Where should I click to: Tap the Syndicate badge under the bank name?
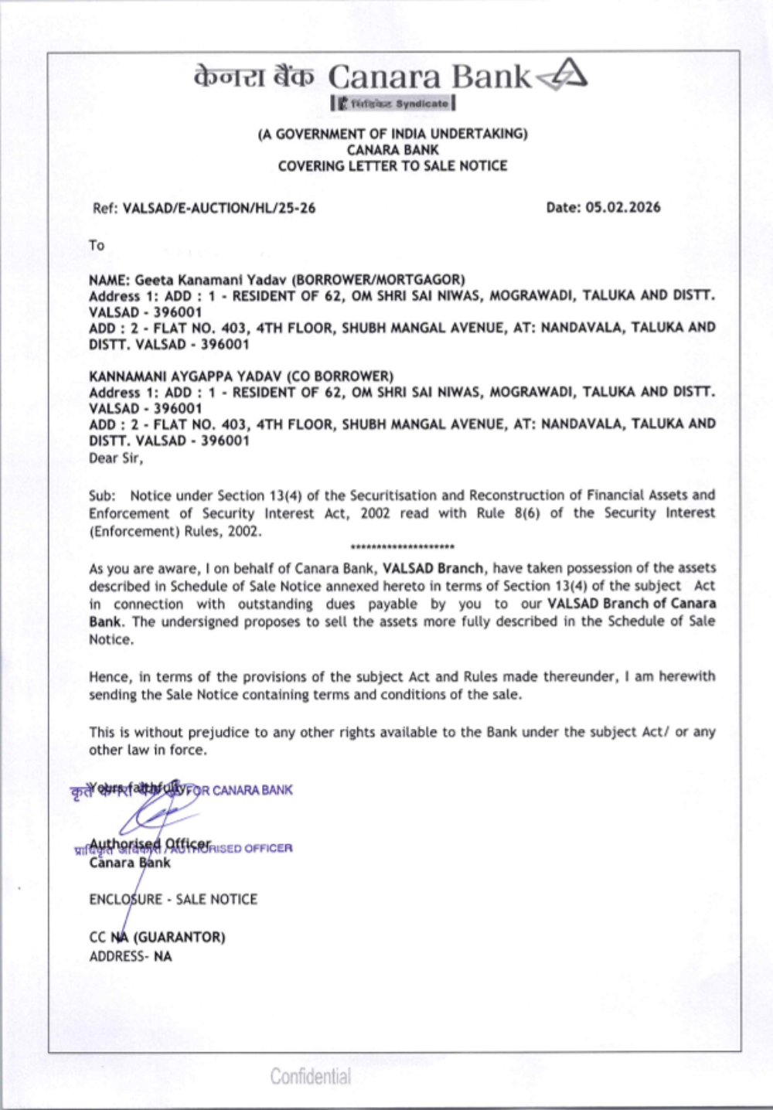393,103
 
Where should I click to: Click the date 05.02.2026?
623,207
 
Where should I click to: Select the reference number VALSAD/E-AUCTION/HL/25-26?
219,208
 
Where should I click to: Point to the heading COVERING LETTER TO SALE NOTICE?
393,166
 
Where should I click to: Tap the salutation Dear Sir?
116,458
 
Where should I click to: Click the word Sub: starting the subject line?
102,495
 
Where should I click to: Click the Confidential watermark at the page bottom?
311,1076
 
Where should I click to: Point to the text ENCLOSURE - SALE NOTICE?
173,900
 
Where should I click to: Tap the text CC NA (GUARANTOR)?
157,938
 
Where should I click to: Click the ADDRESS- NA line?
131,957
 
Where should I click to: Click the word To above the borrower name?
97,246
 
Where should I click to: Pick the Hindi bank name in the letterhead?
254,77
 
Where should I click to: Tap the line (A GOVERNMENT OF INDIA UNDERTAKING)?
393,134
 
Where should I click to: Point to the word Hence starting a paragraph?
109,677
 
